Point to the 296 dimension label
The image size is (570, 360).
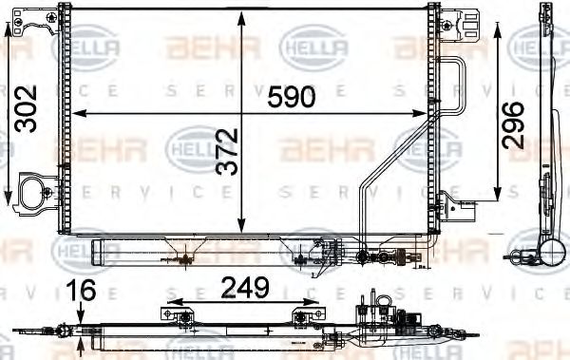click(x=513, y=123)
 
